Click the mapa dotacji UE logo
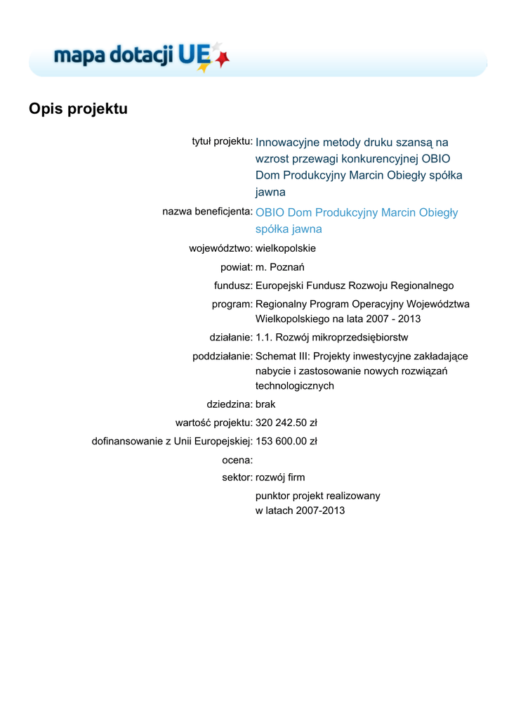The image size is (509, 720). click(x=141, y=56)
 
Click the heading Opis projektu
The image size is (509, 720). click(x=78, y=109)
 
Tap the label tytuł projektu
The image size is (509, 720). click(x=223, y=141)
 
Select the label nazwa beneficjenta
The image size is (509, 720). click(x=207, y=211)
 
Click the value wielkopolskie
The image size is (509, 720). click(x=286, y=248)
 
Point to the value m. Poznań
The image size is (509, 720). click(x=279, y=267)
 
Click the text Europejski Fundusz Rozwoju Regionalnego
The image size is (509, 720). click(x=355, y=285)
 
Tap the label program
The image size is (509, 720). click(x=232, y=304)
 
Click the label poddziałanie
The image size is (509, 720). click(x=223, y=356)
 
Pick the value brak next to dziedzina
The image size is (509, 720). click(x=265, y=404)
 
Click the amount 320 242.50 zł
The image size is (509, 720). click(x=286, y=423)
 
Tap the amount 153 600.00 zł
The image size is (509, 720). click(x=286, y=442)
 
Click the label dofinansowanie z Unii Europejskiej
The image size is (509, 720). click(x=172, y=442)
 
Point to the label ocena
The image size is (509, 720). click(x=237, y=460)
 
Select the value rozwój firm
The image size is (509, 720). click(x=280, y=477)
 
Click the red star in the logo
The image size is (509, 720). click(x=223, y=60)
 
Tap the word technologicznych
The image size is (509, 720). click(x=294, y=386)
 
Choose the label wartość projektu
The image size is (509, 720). click(x=213, y=423)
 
